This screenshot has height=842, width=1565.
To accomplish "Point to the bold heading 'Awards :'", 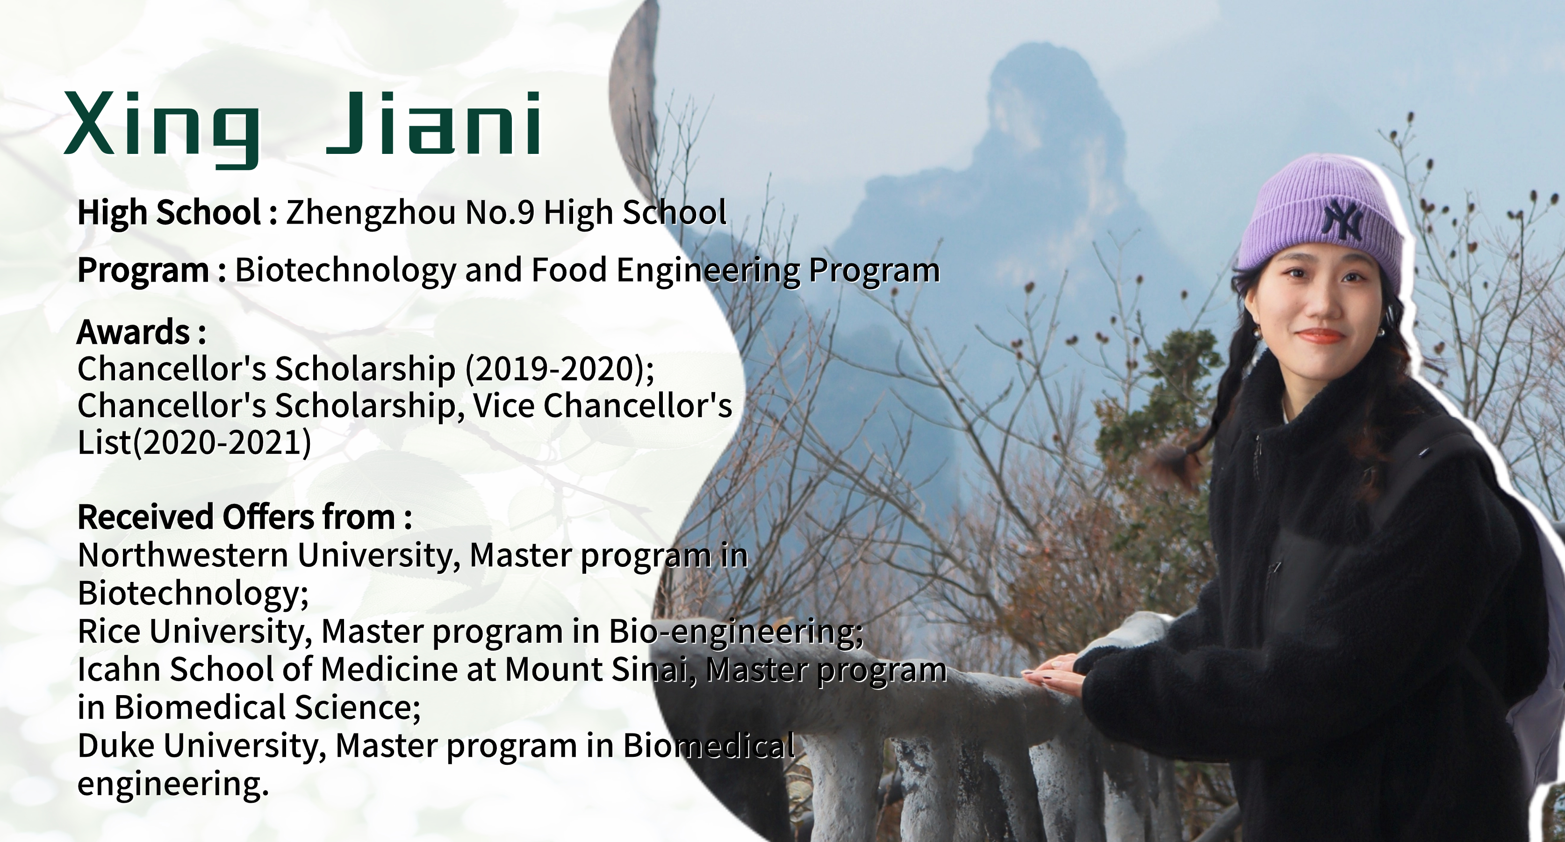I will pos(141,332).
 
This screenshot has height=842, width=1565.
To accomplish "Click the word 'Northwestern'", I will pos(183,555).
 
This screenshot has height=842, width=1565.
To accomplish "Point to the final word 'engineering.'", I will pos(172,784).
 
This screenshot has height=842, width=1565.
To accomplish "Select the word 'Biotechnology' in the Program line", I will pos(345,270).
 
